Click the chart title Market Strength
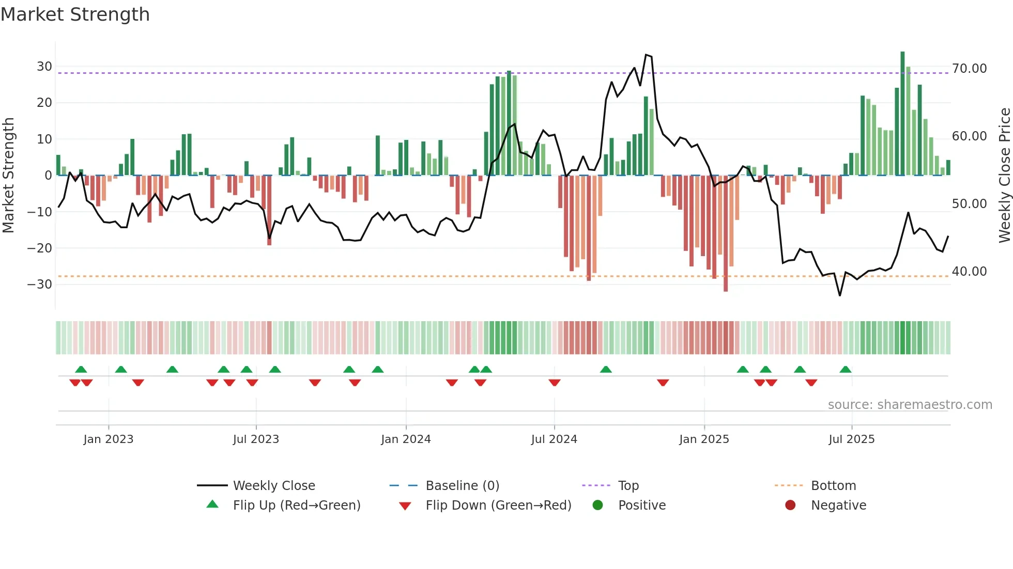[x=75, y=14]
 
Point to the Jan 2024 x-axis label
[x=406, y=439]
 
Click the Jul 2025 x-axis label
[x=851, y=439]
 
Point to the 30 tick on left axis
[x=44, y=67]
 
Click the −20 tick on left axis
[x=40, y=248]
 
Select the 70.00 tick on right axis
[x=969, y=68]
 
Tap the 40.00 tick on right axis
[x=969, y=271]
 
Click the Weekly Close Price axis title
[x=1004, y=176]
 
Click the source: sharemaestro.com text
[x=910, y=404]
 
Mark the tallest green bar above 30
[x=902, y=114]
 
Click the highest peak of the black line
[x=646, y=55]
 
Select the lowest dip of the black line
[x=840, y=295]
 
